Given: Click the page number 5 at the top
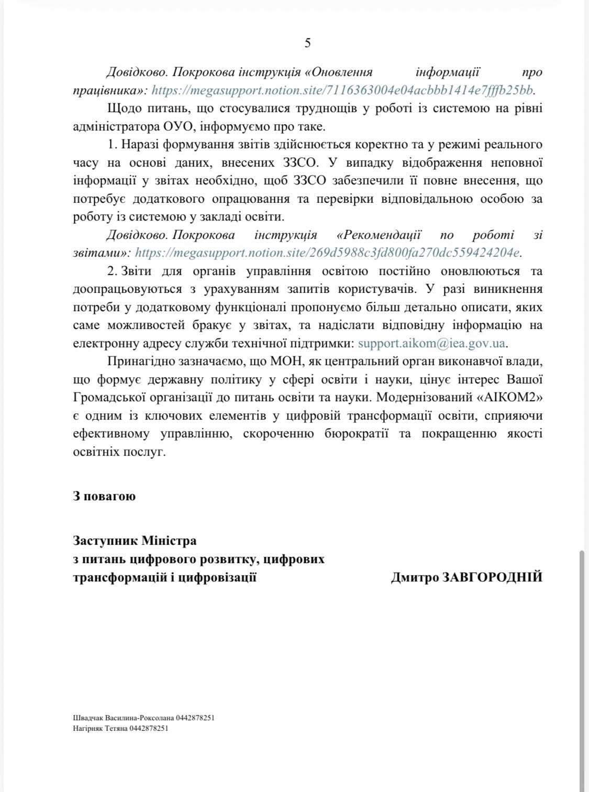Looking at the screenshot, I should (x=307, y=43).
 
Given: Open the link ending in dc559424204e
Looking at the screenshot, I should (x=327, y=253).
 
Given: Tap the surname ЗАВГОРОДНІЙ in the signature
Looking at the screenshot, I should (x=493, y=578).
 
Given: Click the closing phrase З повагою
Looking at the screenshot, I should (x=104, y=496).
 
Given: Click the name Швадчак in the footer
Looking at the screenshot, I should (x=88, y=718).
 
